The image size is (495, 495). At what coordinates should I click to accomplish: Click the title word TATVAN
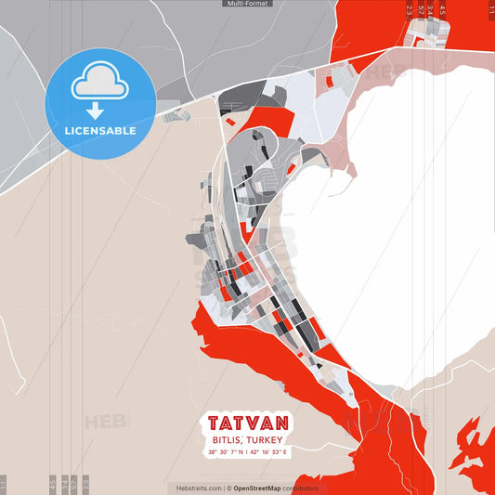coord(247,423)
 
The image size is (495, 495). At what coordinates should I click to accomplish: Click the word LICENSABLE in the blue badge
coord(100,131)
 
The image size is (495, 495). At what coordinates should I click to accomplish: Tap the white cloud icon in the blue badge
coord(100,82)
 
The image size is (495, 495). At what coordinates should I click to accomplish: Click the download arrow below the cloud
coord(94,111)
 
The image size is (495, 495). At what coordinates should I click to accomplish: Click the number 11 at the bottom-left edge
coord(4,484)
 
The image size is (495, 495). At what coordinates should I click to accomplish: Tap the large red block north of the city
coord(269,121)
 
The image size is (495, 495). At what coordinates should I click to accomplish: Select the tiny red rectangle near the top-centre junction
coord(328,81)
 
